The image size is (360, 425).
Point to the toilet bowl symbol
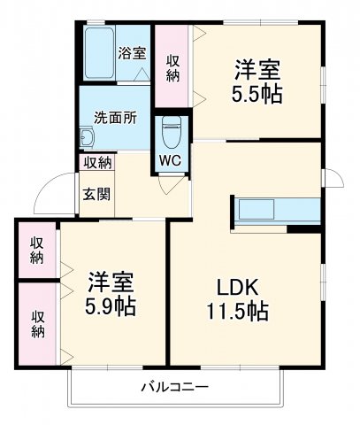pyautogui.click(x=171, y=133)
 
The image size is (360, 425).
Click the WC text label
pyautogui.click(x=171, y=161)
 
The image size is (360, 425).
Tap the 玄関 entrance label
pyautogui.click(x=96, y=194)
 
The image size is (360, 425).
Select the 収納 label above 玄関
pyautogui.click(x=97, y=163)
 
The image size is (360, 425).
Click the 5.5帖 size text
pyautogui.click(x=259, y=94)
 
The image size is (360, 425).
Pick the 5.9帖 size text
pyautogui.click(x=111, y=308)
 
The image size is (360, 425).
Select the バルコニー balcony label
pyautogui.click(x=174, y=387)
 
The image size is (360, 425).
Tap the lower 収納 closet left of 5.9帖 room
pyautogui.click(x=38, y=322)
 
